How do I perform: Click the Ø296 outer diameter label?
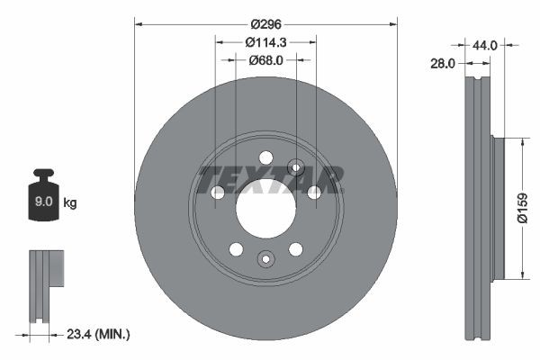tap(265, 24)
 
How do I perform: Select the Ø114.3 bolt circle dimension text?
tap(265, 42)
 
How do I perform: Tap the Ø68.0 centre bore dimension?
tap(265, 60)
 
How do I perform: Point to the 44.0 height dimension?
tap(486, 43)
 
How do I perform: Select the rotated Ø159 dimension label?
tap(521, 207)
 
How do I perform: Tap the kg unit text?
tap(70, 203)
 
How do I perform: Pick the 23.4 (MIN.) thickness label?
tap(98, 334)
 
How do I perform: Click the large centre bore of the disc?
tap(265, 209)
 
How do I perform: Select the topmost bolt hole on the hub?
tap(265, 158)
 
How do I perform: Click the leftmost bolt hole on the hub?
tap(218, 193)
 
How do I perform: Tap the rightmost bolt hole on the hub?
tap(314, 193)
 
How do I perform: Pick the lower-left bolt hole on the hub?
tap(236, 249)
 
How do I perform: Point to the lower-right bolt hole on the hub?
tap(295, 249)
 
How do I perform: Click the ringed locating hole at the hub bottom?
tap(265, 259)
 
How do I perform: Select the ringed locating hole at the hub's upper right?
tap(295, 167)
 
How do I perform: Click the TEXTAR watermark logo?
tap(269, 179)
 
